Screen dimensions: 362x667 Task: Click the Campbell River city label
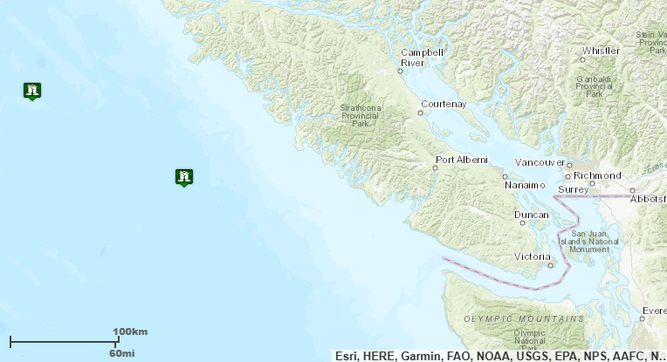423,58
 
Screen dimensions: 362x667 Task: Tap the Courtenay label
444,104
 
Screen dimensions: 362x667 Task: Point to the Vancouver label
540,162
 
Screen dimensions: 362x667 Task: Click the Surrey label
574,189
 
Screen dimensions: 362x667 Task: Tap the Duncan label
531,215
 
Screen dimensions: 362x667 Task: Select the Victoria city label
532,256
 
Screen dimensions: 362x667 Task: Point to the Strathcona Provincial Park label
359,117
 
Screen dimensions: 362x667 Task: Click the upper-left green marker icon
32,90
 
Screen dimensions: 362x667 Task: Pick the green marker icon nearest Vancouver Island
183,177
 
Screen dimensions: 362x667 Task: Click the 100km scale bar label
130,332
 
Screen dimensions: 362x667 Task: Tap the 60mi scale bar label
121,352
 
